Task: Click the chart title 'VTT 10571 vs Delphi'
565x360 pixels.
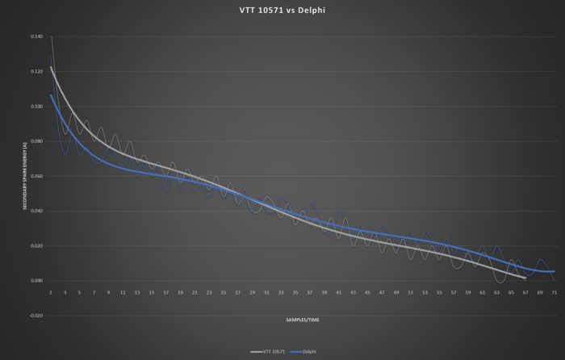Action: (282, 11)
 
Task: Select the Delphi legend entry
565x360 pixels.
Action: (308, 352)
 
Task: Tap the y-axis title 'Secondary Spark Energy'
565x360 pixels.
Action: (25, 175)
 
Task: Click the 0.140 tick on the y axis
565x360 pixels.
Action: (37, 36)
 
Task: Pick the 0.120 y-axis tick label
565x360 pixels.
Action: (37, 71)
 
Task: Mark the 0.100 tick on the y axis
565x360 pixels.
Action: (37, 106)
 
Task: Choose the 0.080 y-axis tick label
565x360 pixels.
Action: (37, 140)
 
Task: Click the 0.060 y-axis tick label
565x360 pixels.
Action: (37, 175)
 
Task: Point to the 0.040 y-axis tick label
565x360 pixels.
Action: (37, 211)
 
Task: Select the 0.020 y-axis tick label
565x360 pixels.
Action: (37, 245)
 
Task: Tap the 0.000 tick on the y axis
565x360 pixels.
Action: (37, 280)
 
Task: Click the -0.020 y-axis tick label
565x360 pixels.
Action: (36, 315)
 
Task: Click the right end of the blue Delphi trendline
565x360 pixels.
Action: (555, 271)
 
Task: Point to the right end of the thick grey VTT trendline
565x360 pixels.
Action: (525, 278)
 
